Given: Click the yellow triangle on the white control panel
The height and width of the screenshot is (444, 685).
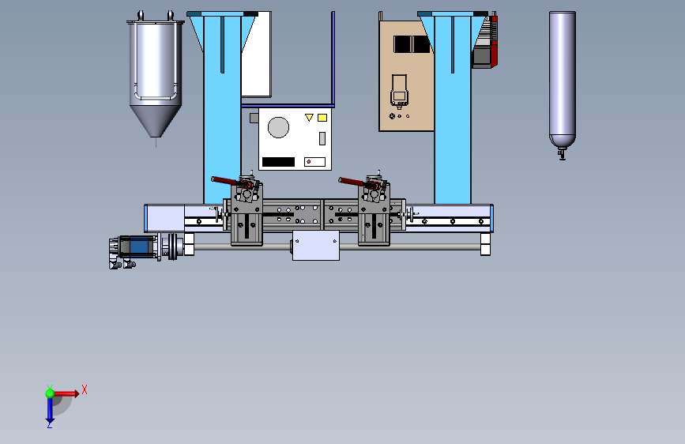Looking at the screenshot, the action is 309,117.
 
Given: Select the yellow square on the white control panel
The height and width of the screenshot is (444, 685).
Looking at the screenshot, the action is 322,118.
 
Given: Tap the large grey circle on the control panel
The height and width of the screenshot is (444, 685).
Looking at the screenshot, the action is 278,128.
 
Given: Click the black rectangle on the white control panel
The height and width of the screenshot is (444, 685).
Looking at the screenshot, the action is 278,162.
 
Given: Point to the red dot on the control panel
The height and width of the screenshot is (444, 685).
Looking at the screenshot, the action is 309,162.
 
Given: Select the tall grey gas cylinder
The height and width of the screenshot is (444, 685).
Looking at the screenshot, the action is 563,79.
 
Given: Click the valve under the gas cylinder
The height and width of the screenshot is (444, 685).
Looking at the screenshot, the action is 562,154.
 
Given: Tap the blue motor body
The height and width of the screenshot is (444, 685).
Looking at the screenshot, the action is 139,247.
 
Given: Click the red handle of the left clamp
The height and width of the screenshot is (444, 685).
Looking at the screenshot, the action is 225,180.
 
